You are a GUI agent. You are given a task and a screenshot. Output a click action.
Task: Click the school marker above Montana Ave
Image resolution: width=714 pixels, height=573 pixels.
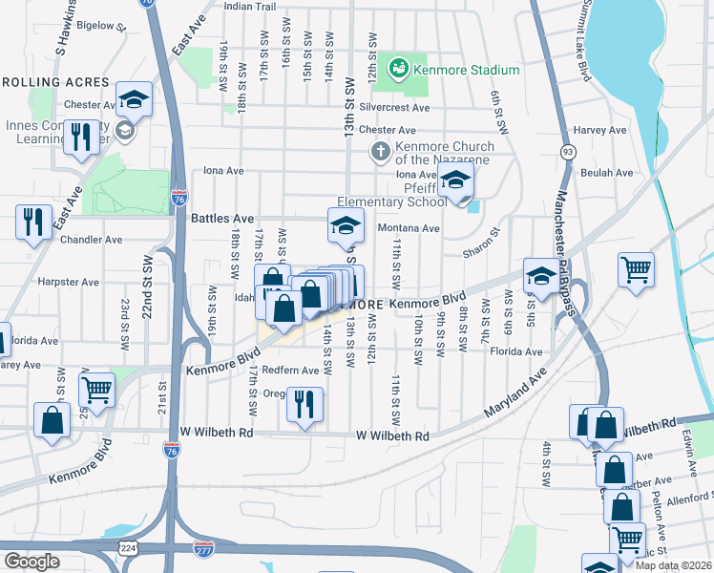point(346,225)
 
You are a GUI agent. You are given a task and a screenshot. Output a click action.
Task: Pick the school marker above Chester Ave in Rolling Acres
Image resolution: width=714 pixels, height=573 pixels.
point(134,98)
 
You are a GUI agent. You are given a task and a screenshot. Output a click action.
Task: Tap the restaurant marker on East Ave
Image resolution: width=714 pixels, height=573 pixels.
point(34,222)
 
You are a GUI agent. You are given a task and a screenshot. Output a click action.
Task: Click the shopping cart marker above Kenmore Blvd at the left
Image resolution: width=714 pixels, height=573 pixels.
point(96,389)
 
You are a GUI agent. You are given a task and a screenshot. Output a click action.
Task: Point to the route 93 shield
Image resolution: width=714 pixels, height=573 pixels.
point(568,151)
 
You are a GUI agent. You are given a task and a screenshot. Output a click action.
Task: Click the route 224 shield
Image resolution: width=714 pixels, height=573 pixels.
point(127,546)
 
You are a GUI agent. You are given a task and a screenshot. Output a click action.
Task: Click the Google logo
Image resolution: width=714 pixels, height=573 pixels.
point(31,561)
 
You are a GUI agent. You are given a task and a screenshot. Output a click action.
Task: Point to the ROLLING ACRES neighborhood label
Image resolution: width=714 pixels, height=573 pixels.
point(56,83)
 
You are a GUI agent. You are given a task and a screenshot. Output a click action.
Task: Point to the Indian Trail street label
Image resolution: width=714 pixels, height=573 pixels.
point(249,6)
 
